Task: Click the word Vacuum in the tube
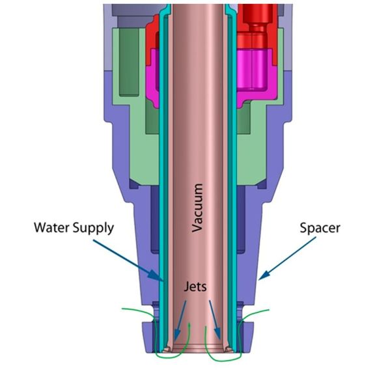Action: [x=197, y=208]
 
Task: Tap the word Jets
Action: [x=195, y=286]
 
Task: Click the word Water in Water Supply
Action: [x=52, y=227]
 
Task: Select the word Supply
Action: [x=94, y=229]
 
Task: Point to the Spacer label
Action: [x=320, y=229]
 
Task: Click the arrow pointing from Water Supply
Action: [x=128, y=260]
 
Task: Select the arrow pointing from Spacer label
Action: [x=287, y=258]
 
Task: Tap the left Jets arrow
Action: [x=180, y=320]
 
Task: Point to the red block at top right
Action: [x=257, y=26]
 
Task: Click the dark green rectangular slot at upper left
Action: [x=129, y=62]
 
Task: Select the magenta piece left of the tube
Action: [x=152, y=79]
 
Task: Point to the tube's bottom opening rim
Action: [x=198, y=351]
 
